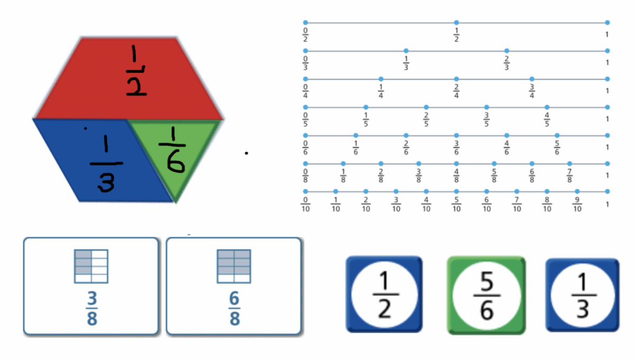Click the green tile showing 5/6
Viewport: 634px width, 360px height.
(486, 296)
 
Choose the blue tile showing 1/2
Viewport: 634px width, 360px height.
(384, 294)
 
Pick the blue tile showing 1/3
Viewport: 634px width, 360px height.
(582, 295)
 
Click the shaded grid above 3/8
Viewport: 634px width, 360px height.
(91, 266)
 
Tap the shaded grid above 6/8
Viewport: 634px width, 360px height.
(234, 266)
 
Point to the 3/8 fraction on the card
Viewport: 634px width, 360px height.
(92, 308)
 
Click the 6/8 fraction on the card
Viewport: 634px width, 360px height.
(235, 308)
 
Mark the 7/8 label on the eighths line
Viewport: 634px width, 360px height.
(570, 176)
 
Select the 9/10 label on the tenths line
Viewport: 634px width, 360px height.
(577, 205)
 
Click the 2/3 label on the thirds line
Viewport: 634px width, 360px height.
(507, 63)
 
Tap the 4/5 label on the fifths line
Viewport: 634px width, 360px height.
(547, 119)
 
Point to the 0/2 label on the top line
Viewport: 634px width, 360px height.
(305, 34)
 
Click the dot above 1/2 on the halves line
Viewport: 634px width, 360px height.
(456, 22)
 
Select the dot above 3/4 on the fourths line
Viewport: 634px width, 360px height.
(532, 79)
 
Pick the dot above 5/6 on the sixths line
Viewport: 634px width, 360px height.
(557, 135)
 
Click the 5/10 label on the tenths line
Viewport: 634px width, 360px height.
(456, 205)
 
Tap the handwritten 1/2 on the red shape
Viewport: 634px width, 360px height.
(136, 70)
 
